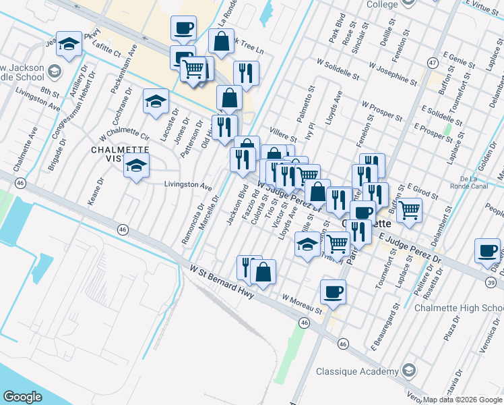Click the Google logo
(x=22, y=396)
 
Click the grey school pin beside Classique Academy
(x=408, y=370)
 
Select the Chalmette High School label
(x=458, y=308)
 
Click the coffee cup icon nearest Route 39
(x=486, y=250)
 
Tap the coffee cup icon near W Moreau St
(x=332, y=292)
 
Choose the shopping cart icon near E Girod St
(x=409, y=209)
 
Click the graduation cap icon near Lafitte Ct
(x=67, y=43)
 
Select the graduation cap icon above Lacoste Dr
(x=156, y=102)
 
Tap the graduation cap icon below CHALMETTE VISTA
(x=136, y=165)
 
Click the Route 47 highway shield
(x=433, y=63)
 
